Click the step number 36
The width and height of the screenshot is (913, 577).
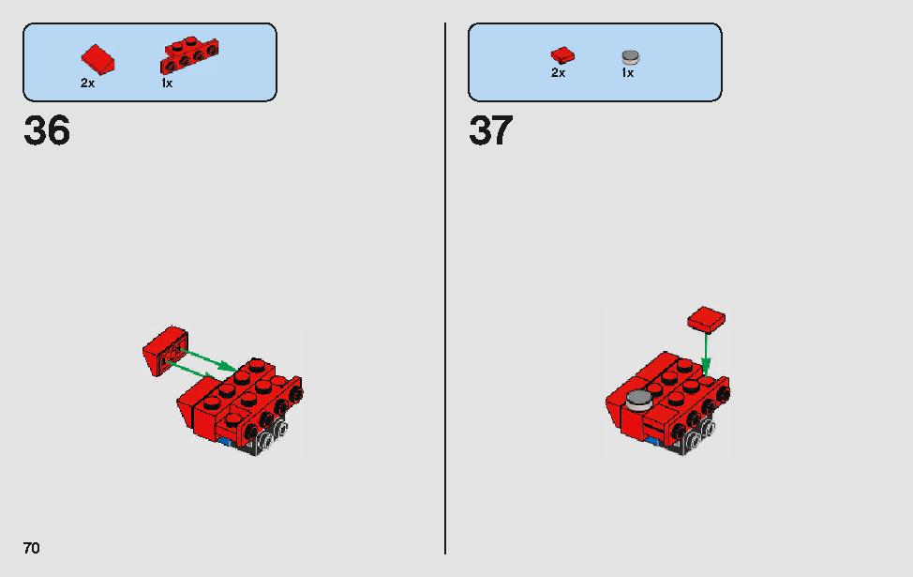coord(47,130)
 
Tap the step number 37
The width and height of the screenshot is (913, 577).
coord(491,130)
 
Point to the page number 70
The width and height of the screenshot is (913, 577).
coord(32,548)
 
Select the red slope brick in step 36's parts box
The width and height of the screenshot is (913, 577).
coord(97,59)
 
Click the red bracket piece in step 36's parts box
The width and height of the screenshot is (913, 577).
coord(189,55)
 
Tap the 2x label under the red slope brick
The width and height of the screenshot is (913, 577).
coord(87,84)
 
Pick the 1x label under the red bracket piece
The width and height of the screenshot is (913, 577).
coord(167,84)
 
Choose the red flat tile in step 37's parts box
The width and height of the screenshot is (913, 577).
coord(562,55)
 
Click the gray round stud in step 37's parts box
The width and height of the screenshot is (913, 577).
coord(631,57)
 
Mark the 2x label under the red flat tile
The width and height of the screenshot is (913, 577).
coord(558,73)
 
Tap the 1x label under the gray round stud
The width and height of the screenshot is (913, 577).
coord(627,73)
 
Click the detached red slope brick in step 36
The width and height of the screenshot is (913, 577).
coord(165,350)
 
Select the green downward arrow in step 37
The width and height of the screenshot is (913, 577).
coord(706,354)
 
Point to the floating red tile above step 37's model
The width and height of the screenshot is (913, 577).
coord(706,320)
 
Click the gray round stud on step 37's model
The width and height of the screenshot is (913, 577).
coord(638,400)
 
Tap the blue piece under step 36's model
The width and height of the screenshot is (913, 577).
coord(224,441)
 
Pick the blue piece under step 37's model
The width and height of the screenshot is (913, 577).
coord(652,441)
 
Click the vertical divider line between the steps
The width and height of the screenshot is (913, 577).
coord(445,289)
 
